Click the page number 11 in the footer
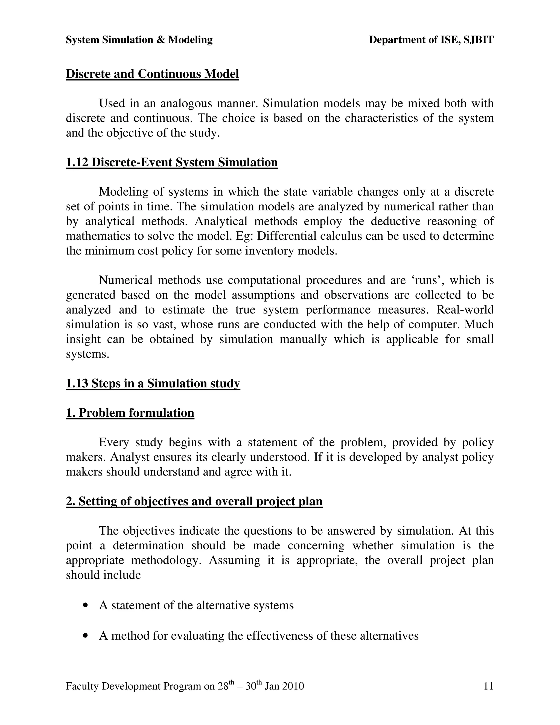[488, 686]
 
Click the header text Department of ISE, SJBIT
[431, 40]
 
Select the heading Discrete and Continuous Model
[152, 74]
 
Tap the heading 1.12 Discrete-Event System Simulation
[172, 162]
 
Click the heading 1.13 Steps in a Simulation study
[153, 383]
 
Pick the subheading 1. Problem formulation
[130, 413]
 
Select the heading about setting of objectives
[194, 501]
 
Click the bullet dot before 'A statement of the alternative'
[86, 605]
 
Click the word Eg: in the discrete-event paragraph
[244, 236]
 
